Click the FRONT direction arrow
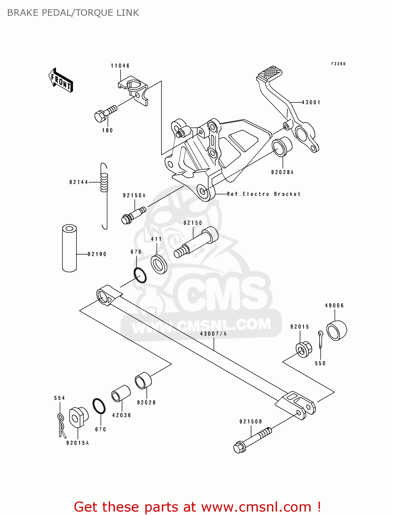click(x=61, y=80)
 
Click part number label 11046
click(x=120, y=66)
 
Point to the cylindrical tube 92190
click(x=69, y=248)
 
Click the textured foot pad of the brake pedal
click(x=270, y=72)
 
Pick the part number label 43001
click(x=311, y=102)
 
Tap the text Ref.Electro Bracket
click(x=264, y=194)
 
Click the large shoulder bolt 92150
click(x=197, y=242)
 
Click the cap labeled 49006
click(x=336, y=330)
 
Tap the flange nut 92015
click(x=303, y=350)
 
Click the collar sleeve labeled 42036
click(x=121, y=393)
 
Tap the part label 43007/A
click(x=213, y=333)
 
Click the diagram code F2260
click(x=338, y=64)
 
